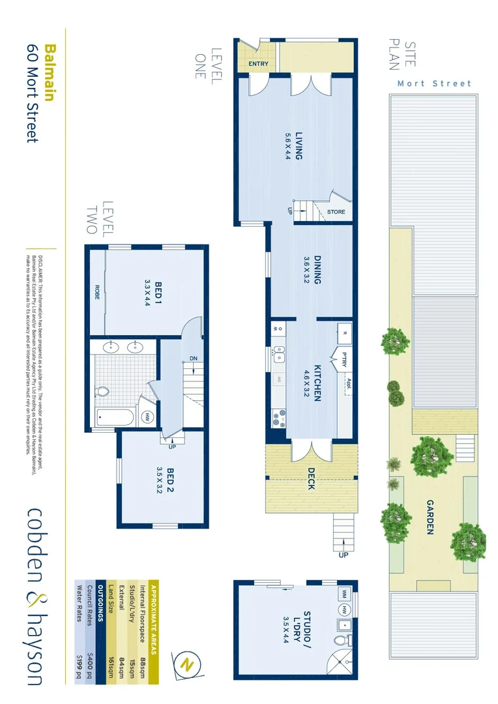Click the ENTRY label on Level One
click(x=258, y=63)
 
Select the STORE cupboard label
click(x=336, y=212)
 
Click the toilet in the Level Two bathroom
click(x=103, y=392)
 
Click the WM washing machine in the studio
click(x=343, y=594)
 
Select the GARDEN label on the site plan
click(x=430, y=517)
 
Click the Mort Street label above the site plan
click(x=434, y=83)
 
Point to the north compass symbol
click(x=188, y=665)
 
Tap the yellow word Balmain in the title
click(x=50, y=71)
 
